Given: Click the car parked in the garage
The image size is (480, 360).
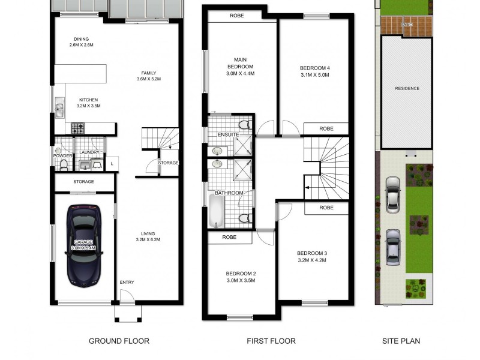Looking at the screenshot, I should click(x=85, y=245).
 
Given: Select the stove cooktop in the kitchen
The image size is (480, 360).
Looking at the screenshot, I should click(x=78, y=128).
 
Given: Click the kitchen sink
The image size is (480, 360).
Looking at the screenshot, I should click(x=60, y=109).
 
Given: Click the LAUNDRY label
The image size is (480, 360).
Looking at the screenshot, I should click(x=89, y=153).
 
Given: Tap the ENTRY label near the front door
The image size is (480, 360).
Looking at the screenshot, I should click(x=127, y=281).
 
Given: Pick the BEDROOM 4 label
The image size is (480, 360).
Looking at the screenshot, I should click(x=315, y=68).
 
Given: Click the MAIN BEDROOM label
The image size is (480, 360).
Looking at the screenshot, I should click(x=240, y=62).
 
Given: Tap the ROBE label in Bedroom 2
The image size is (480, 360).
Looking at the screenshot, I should click(x=229, y=237).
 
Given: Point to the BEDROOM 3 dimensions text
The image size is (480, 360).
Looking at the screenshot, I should click(x=312, y=260).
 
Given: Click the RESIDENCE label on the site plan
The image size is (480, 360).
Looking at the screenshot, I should click(x=407, y=88).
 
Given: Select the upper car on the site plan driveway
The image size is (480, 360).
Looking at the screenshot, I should click(x=393, y=194).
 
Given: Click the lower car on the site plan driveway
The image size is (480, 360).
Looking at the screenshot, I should click(x=392, y=247).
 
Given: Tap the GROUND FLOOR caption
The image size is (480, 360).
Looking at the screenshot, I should click(x=119, y=341).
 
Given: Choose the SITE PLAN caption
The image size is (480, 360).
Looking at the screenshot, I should click(x=401, y=341).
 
